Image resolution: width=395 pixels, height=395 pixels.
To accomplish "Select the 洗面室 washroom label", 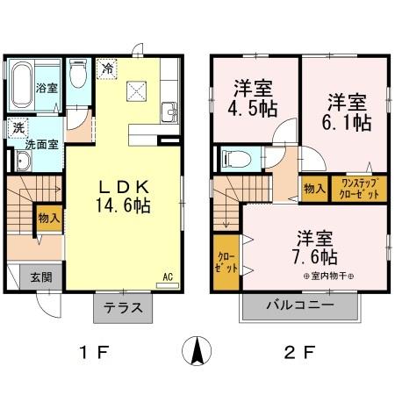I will click(40, 144).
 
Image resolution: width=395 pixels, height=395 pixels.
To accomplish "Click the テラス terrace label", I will click(124, 309).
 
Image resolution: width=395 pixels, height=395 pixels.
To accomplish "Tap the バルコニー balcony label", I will click(301, 308).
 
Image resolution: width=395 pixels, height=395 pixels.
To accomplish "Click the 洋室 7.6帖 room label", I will click(316, 248).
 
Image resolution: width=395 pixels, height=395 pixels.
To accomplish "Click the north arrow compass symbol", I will click(197, 352).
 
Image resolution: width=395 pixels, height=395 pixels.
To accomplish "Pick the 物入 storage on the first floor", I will click(48, 217).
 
